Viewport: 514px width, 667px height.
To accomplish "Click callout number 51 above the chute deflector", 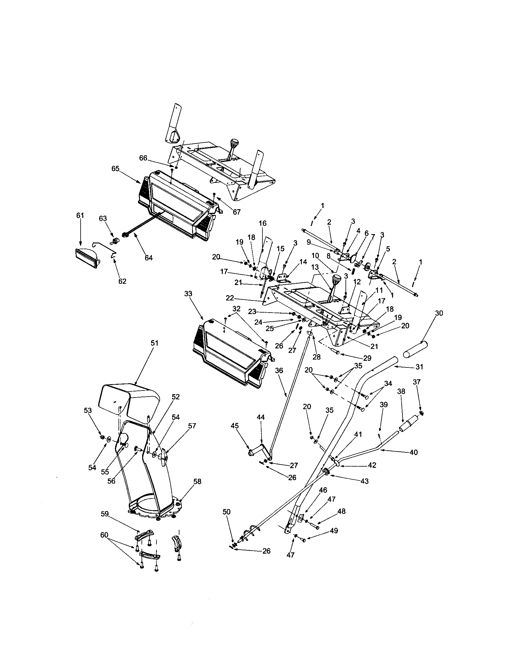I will pos(155,343).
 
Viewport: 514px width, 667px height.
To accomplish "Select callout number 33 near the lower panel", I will pos(188,294).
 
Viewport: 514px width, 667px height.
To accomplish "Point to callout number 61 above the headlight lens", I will pos(80,216).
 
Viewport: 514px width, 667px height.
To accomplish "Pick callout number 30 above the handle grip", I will pos(439,313).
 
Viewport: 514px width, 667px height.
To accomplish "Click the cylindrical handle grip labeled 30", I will pos(415,349).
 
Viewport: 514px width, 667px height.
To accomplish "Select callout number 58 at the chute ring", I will pos(198,482).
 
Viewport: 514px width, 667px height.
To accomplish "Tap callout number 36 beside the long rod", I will pos(279,370).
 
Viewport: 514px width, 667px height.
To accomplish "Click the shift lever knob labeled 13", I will pos(337,279).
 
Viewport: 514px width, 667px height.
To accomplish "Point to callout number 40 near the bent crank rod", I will pos(413,452).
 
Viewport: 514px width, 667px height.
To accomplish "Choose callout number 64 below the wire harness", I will pos(149,258).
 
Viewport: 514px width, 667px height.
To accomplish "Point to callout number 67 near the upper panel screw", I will pos(237,212).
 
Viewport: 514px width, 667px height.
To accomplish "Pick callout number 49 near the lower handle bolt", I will pos(334,531).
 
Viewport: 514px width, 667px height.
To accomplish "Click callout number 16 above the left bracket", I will pos(262,223).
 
